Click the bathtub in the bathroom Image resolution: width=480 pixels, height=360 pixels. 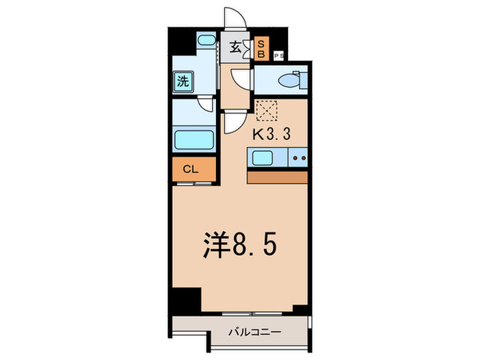[195, 141]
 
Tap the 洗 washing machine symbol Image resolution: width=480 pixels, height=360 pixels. [183, 82]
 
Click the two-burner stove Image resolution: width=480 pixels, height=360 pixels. [298, 158]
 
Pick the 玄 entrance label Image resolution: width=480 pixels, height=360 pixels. [235, 47]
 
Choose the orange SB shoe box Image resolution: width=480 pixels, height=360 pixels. [261, 48]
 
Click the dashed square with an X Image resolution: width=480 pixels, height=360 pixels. [266, 110]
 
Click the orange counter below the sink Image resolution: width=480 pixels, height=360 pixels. [278, 176]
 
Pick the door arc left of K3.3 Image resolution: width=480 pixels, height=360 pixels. [232, 123]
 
